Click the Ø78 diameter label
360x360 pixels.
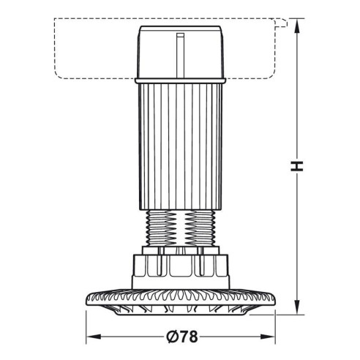(180, 337)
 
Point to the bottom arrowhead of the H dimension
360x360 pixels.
(297, 305)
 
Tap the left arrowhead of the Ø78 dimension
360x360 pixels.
(91, 338)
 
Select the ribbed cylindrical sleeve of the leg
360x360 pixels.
(180, 143)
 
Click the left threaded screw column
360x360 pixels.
(161, 230)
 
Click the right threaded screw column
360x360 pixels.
(198, 230)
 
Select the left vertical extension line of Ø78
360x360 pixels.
(87, 326)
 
